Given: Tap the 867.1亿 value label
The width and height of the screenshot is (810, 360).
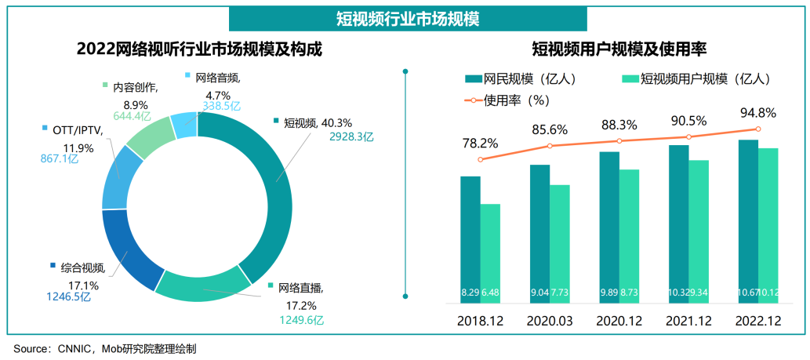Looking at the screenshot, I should point(60,159).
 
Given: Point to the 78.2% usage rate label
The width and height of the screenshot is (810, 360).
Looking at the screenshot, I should point(480,144).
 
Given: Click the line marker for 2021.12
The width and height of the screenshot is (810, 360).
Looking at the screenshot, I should point(688,136).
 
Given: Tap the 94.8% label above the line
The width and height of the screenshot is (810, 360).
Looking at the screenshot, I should point(757,113).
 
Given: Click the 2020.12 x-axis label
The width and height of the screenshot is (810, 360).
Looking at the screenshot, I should point(619,322).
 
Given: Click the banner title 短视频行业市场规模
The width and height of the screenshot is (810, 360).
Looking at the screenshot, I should point(406,16).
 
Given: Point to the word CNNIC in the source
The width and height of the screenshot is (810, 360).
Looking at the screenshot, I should point(76,348).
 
